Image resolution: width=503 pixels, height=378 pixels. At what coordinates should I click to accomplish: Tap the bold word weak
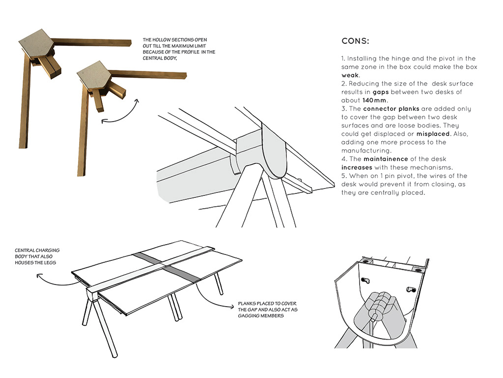point(350,76)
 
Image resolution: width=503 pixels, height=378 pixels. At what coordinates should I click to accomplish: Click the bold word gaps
point(381,92)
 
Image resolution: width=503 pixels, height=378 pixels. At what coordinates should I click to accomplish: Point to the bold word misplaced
point(433,134)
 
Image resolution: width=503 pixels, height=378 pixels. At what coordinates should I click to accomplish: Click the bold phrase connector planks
point(391,109)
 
